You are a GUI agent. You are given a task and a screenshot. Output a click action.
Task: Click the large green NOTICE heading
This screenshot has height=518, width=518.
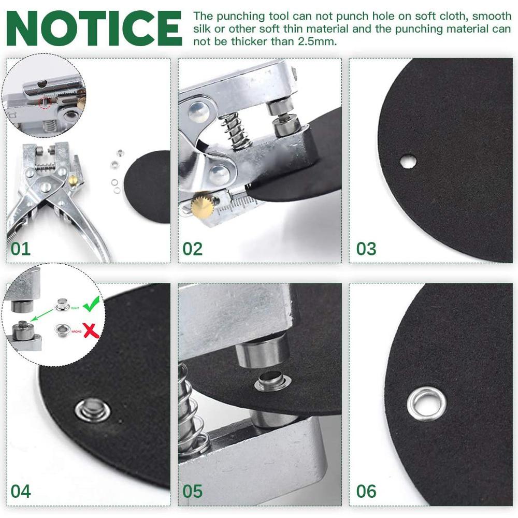tap(94, 27)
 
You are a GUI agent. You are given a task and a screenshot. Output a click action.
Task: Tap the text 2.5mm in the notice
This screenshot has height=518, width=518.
tap(317, 41)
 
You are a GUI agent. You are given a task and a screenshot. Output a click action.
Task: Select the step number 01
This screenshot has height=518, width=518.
tap(21, 249)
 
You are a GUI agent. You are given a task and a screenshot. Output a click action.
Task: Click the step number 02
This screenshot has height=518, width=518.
tap(192, 249)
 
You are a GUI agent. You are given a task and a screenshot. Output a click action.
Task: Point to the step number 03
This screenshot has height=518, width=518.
tap(366, 249)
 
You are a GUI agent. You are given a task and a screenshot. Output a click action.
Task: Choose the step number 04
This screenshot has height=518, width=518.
tap(21, 491)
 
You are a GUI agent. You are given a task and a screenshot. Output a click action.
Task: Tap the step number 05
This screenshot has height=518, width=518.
tap(192, 491)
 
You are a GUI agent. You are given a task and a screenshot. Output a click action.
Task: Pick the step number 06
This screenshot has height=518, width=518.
tap(366, 491)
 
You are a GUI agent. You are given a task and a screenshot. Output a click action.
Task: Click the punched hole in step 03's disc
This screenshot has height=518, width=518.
tap(408, 162)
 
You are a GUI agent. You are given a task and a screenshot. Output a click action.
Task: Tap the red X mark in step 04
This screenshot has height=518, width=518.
tap(91, 330)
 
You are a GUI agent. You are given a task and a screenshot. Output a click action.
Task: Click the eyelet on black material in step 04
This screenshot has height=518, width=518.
tap(92, 409)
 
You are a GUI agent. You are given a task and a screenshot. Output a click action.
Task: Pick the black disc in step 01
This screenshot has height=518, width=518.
tap(148, 186)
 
